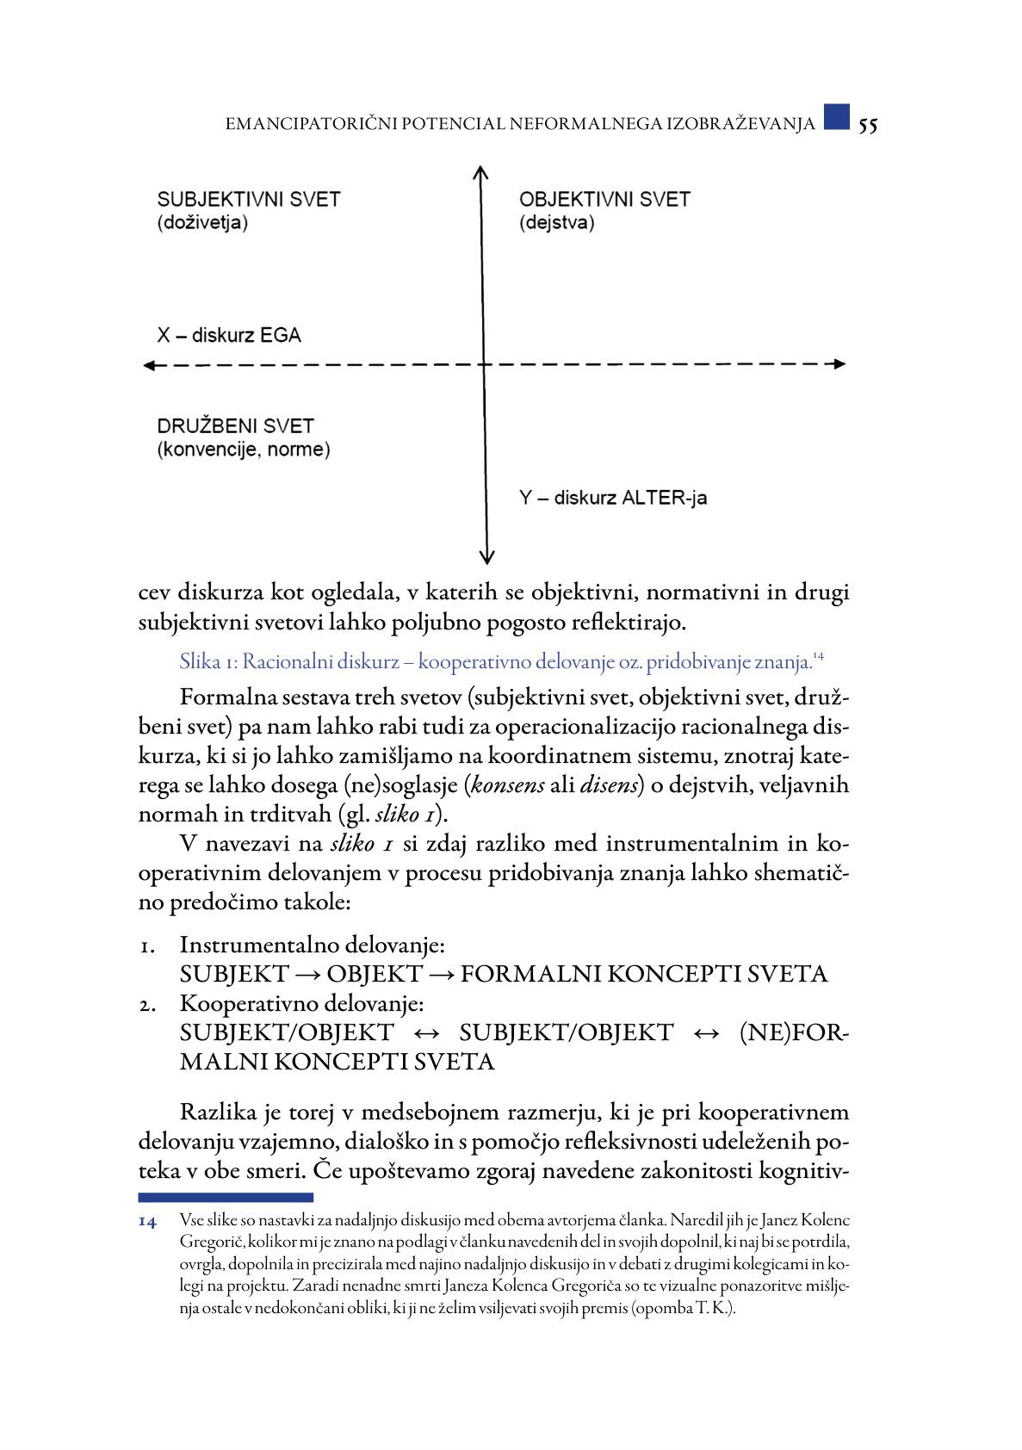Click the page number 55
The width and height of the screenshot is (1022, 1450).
tap(868, 126)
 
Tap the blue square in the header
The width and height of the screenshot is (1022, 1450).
tap(836, 117)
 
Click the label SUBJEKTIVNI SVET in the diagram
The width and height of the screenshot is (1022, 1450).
tap(249, 200)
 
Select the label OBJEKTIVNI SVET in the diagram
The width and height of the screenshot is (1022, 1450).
tap(604, 200)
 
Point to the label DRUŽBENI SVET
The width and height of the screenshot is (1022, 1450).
tap(235, 426)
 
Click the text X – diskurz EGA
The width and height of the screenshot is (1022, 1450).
tap(229, 336)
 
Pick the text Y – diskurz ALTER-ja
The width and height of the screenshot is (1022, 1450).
tap(613, 498)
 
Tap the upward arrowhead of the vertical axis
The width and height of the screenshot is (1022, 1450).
tap(481, 172)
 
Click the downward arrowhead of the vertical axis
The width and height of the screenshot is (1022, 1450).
tap(486, 557)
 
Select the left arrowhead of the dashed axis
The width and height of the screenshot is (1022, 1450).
tap(149, 366)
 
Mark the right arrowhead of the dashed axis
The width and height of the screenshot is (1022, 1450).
tap(839, 364)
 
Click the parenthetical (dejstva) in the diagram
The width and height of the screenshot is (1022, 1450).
tap(556, 223)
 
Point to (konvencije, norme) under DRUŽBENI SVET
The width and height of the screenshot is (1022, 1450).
tap(244, 449)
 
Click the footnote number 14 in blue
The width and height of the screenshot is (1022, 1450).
tap(147, 1222)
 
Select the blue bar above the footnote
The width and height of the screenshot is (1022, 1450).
tap(226, 1197)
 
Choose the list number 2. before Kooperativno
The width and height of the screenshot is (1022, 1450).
tap(147, 1004)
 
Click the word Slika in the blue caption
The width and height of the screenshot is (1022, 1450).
tap(200, 661)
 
